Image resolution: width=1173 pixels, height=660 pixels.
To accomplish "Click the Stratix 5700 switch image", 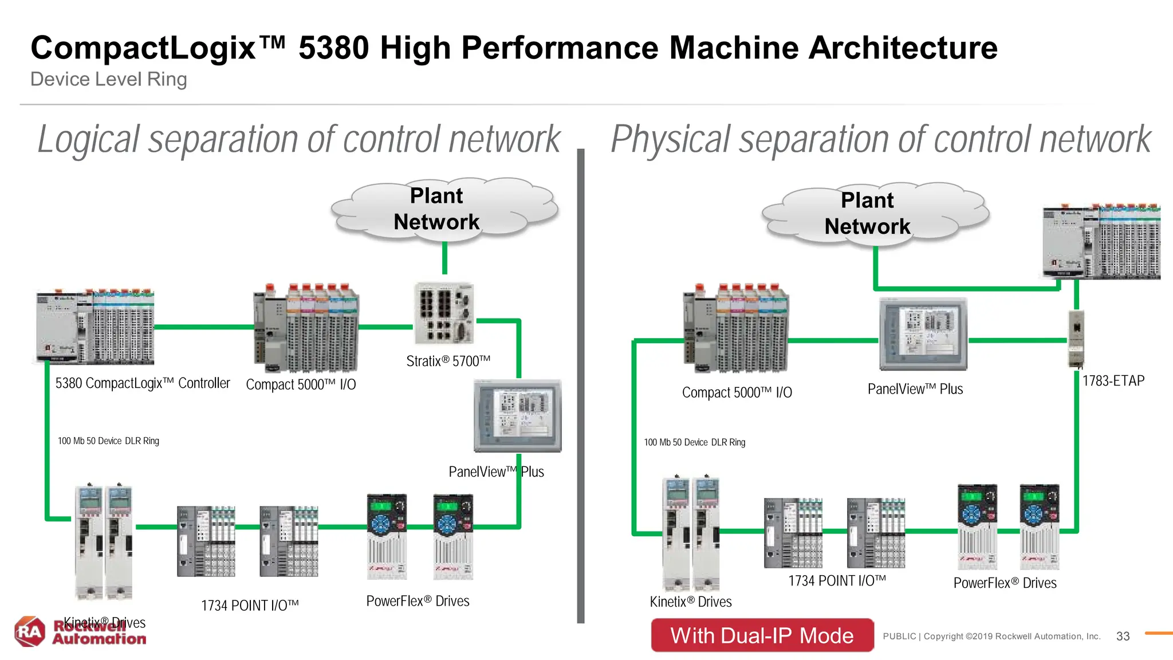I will click(444, 313).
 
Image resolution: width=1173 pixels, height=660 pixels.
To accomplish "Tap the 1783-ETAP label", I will click(1113, 381).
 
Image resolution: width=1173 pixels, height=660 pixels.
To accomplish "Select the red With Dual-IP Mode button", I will click(762, 635).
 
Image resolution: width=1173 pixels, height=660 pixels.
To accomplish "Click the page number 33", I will click(1123, 636).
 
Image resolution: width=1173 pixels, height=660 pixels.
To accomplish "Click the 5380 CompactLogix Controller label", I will click(143, 383).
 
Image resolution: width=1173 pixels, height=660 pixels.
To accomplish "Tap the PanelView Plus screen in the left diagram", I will click(518, 415).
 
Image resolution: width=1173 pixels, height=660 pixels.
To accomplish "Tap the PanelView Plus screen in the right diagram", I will click(923, 333).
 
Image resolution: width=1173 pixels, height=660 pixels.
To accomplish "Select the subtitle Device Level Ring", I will click(109, 79).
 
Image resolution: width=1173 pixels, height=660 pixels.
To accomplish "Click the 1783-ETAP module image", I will click(1076, 338).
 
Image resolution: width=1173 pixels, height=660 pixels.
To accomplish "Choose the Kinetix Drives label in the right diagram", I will click(691, 602).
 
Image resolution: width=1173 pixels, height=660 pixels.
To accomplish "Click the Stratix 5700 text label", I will click(448, 361).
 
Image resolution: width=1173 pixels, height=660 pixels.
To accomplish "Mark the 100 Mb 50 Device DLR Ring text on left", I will click(108, 441).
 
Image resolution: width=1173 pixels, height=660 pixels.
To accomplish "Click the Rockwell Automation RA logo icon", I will click(30, 631).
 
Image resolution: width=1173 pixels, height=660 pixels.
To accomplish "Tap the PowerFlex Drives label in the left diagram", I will click(418, 601).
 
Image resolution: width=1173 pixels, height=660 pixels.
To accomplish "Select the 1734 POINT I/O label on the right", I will click(837, 581).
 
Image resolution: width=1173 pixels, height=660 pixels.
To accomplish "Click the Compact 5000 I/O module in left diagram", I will click(306, 328).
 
